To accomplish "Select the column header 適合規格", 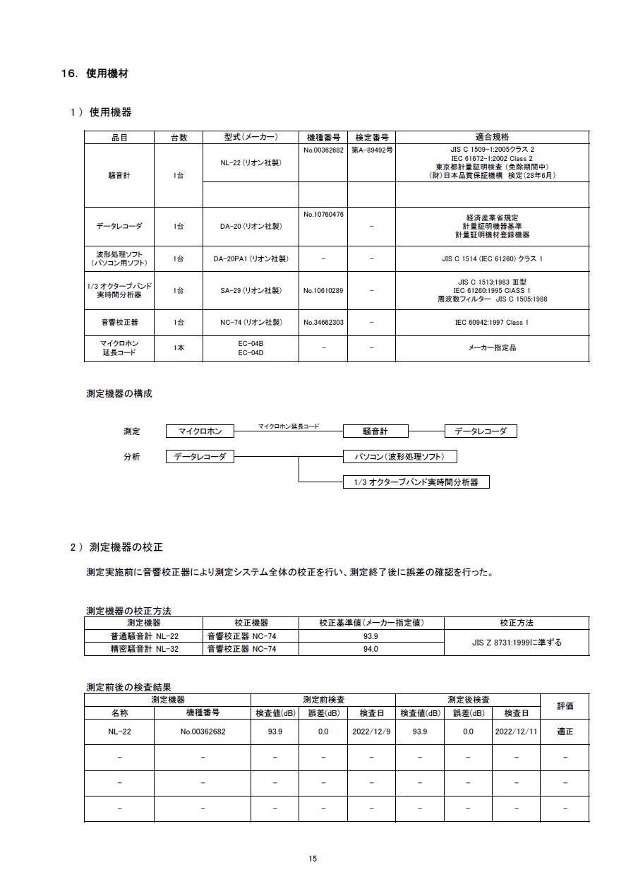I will pyautogui.click(x=492, y=137).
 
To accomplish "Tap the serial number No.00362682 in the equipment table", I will pyautogui.click(x=323, y=150).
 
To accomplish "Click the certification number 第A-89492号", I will pyautogui.click(x=371, y=150).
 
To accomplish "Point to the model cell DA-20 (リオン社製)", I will pyautogui.click(x=251, y=226).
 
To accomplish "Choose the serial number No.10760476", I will pyautogui.click(x=323, y=214).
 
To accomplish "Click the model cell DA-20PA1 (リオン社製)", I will pyautogui.click(x=251, y=259).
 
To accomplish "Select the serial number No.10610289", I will pyautogui.click(x=323, y=290).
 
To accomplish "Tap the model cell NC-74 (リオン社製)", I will pyautogui.click(x=251, y=322).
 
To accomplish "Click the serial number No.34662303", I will pyautogui.click(x=323, y=322).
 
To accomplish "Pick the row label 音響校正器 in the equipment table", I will pyautogui.click(x=119, y=322).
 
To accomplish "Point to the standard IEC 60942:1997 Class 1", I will pyautogui.click(x=492, y=322).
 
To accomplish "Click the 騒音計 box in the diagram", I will pyautogui.click(x=375, y=431).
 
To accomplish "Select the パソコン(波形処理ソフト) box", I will pyautogui.click(x=399, y=456).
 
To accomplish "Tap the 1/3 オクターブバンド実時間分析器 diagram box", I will pyautogui.click(x=416, y=482).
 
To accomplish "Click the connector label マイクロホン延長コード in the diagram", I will pyautogui.click(x=288, y=426).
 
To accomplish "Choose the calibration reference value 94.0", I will pyautogui.click(x=371, y=649).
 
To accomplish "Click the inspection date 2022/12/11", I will pyautogui.click(x=517, y=732).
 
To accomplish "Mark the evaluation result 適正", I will pyautogui.click(x=565, y=732).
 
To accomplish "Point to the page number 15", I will pyautogui.click(x=313, y=859).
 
